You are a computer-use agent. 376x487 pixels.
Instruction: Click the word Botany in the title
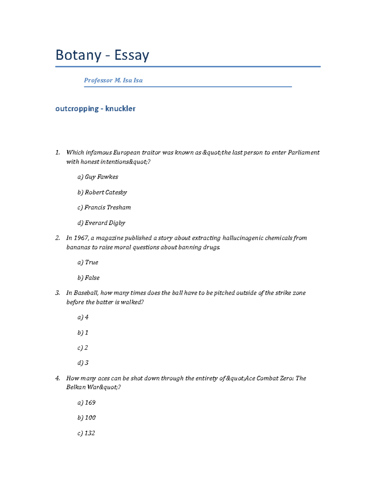pos(78,56)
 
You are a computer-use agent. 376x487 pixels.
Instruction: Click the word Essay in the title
pos(132,56)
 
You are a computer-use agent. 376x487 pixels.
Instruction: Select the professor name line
pos(113,80)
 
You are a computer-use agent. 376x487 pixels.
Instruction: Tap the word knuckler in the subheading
pos(120,109)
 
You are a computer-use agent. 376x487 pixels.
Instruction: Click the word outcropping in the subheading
pos(77,109)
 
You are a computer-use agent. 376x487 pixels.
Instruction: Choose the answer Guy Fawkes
pos(101,177)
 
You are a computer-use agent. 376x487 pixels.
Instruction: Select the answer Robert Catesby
pos(106,192)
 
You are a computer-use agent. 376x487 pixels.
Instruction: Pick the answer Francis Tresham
pos(107,207)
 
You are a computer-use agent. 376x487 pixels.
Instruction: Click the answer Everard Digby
pos(105,223)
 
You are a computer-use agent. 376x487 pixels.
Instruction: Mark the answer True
pos(91,262)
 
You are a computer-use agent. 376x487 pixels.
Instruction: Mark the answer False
pos(92,278)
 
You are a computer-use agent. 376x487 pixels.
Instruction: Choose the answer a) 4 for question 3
pos(83,317)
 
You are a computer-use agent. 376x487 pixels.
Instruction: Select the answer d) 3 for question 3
pos(83,363)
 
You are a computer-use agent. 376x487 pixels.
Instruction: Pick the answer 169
pos(90,403)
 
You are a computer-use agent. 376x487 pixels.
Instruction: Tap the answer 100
pos(90,418)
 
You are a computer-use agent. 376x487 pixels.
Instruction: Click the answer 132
pos(90,433)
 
